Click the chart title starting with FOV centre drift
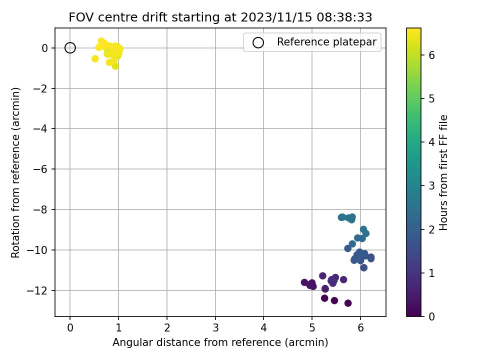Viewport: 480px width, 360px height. [x=220, y=17]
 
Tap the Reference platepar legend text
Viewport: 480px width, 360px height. [x=326, y=42]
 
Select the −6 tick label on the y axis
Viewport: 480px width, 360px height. [x=40, y=169]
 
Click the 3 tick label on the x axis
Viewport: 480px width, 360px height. [x=215, y=328]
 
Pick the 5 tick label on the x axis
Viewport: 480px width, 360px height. [x=312, y=328]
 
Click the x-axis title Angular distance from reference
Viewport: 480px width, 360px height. [x=220, y=342]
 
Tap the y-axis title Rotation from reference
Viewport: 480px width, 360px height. [x=15, y=172]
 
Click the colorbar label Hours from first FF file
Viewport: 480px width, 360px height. [x=443, y=172]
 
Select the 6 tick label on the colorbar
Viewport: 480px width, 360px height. [x=431, y=55]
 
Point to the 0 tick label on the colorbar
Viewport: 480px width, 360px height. [x=431, y=316]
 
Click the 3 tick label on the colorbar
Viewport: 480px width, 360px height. [x=431, y=186]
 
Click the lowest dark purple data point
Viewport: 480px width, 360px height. [x=348, y=303]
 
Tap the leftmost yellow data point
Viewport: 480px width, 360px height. [x=95, y=58]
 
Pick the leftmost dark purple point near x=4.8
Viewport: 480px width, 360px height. [x=304, y=282]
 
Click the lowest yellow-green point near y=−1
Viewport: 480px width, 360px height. [x=115, y=66]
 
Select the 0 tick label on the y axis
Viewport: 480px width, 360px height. [x=45, y=48]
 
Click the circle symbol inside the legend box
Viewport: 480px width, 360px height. [x=258, y=42]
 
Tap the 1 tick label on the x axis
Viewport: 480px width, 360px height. [x=118, y=328]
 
